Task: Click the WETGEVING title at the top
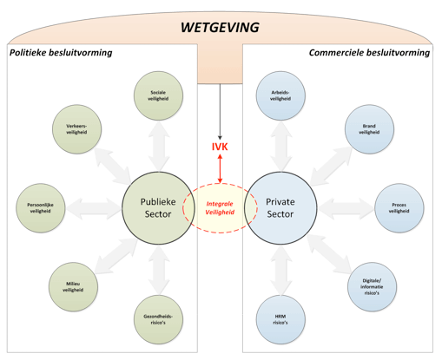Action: [220, 27]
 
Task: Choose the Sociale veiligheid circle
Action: [158, 95]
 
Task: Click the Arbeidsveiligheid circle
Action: [280, 95]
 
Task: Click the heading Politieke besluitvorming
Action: [61, 53]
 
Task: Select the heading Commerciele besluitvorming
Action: [369, 53]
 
